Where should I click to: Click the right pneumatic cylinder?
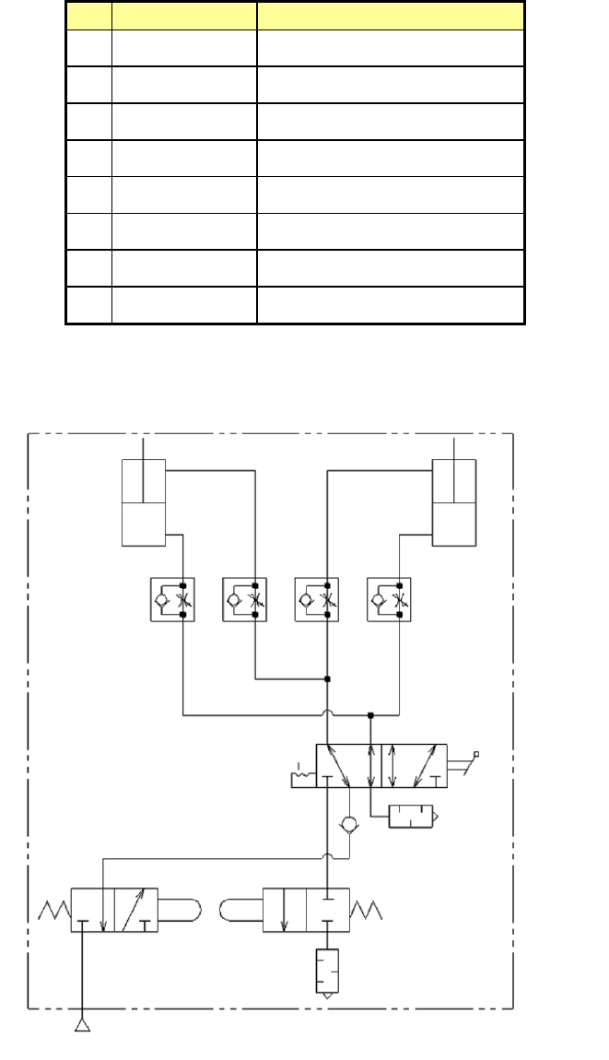[x=454, y=502]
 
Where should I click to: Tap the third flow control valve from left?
[x=317, y=599]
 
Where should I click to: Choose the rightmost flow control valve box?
[x=389, y=599]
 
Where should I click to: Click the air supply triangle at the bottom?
[x=83, y=1025]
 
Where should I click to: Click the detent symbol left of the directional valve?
[x=301, y=779]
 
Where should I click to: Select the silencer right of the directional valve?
[x=414, y=817]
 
